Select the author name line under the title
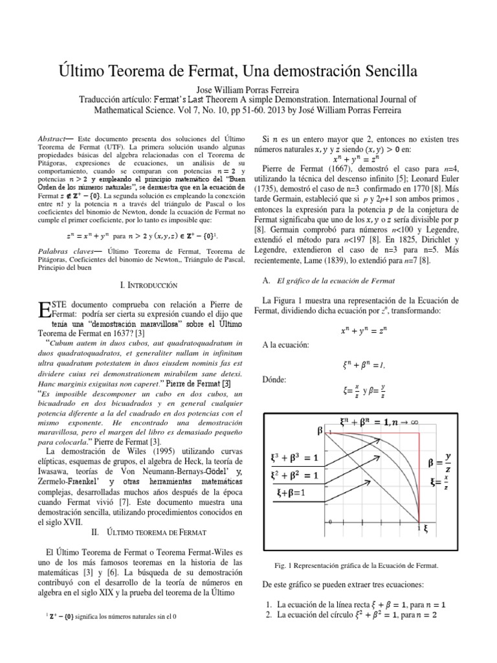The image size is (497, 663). click(248, 88)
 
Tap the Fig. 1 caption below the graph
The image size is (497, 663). click(357, 565)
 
